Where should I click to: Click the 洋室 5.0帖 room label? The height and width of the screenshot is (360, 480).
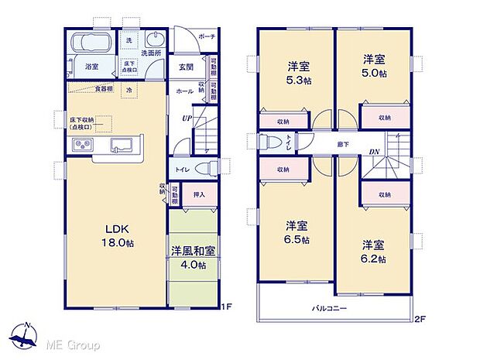(x=372, y=66)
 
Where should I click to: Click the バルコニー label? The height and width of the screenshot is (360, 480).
(x=329, y=307)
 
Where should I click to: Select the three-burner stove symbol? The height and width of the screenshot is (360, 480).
(x=83, y=146)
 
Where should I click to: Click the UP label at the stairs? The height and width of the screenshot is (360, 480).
(x=186, y=118)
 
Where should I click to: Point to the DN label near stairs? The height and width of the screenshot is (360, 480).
(x=374, y=151)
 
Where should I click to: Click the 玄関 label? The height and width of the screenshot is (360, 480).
(x=185, y=67)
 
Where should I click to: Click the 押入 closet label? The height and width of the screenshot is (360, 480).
(x=198, y=194)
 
